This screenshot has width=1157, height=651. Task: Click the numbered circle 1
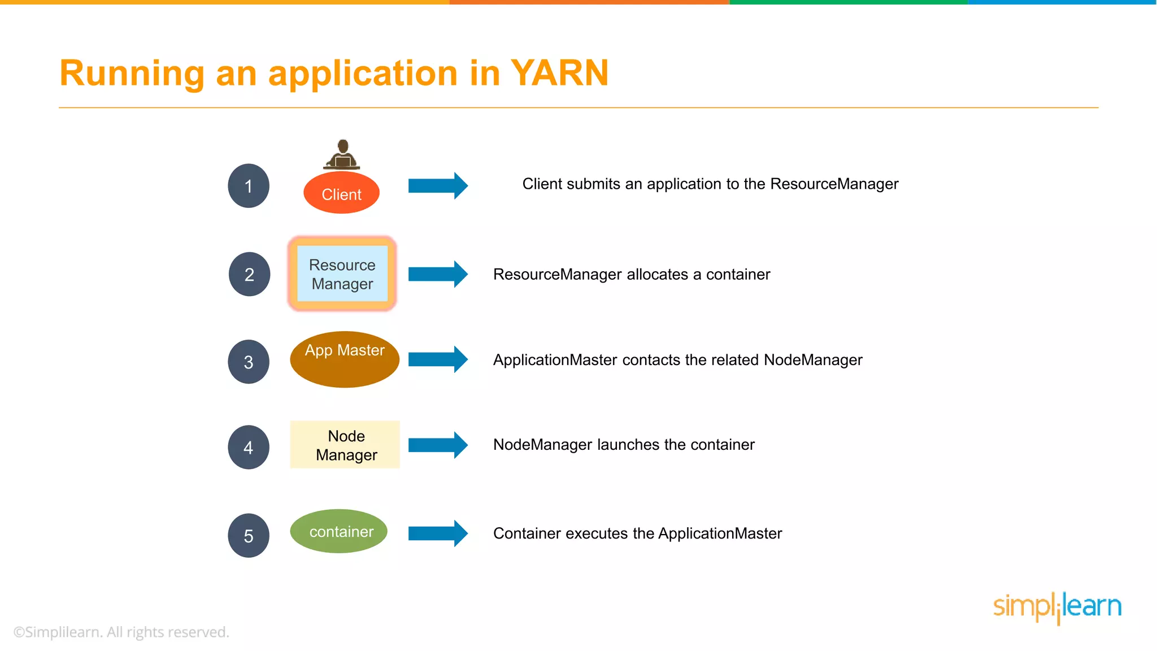click(249, 186)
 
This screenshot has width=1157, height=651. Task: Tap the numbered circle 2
click(249, 274)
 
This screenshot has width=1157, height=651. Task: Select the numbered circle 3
click(249, 362)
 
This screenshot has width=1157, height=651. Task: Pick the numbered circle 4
click(249, 448)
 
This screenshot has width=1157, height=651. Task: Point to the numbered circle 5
click(249, 536)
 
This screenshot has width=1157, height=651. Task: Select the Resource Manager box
click(342, 274)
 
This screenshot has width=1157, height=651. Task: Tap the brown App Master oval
click(345, 359)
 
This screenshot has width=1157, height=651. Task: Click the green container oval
click(339, 531)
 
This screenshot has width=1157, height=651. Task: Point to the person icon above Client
click(342, 155)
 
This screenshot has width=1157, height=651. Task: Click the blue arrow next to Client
click(438, 185)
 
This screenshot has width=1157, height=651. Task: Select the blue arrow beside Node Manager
click(438, 445)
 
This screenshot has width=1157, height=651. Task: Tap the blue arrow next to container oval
click(438, 533)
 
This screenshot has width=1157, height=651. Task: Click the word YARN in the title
click(559, 73)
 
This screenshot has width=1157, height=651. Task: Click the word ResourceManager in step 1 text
click(834, 184)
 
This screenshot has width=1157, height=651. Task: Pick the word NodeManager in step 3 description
click(812, 360)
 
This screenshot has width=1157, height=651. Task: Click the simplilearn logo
click(1057, 607)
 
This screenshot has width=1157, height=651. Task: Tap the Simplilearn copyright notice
click(121, 632)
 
